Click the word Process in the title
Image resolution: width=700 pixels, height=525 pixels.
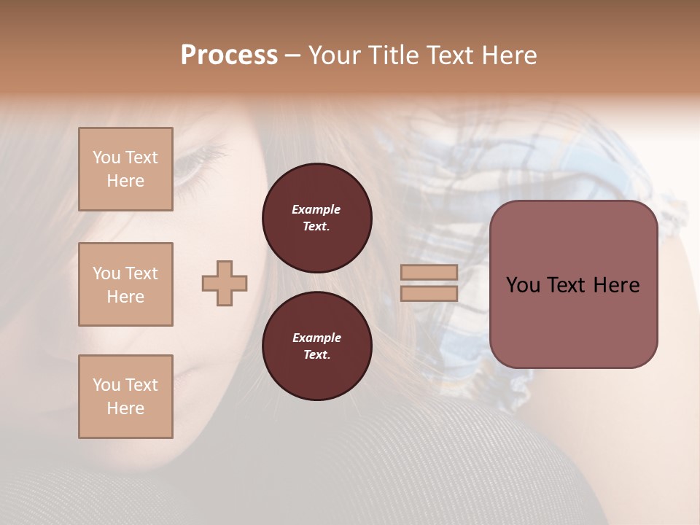(x=229, y=55)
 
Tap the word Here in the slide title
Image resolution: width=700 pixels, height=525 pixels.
(x=508, y=55)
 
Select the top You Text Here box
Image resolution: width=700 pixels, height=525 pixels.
(x=125, y=169)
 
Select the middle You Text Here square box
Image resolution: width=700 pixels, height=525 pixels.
(x=125, y=284)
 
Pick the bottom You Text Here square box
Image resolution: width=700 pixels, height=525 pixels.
(x=125, y=397)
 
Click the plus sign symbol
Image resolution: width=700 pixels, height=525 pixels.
(x=225, y=283)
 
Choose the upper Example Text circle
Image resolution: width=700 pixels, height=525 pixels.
(x=316, y=218)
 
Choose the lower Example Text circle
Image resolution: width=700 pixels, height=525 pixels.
(x=316, y=346)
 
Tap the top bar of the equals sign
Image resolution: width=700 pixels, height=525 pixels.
(x=429, y=272)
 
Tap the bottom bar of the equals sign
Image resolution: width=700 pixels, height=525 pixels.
(x=429, y=293)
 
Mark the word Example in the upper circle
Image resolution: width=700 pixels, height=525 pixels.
(x=316, y=209)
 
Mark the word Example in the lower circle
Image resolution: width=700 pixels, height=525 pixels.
(x=316, y=338)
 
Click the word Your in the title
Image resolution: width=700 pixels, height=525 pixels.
(x=335, y=55)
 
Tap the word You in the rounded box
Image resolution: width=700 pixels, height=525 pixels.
(x=523, y=285)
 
